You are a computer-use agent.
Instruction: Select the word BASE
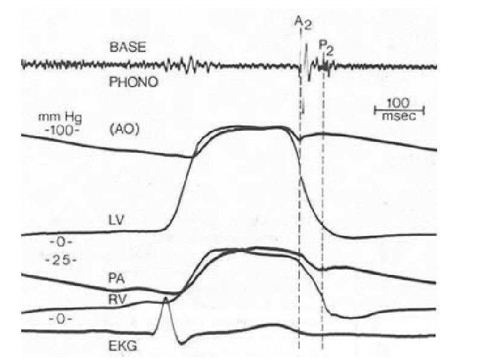click(x=128, y=47)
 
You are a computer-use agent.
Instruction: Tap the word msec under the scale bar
click(x=401, y=117)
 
